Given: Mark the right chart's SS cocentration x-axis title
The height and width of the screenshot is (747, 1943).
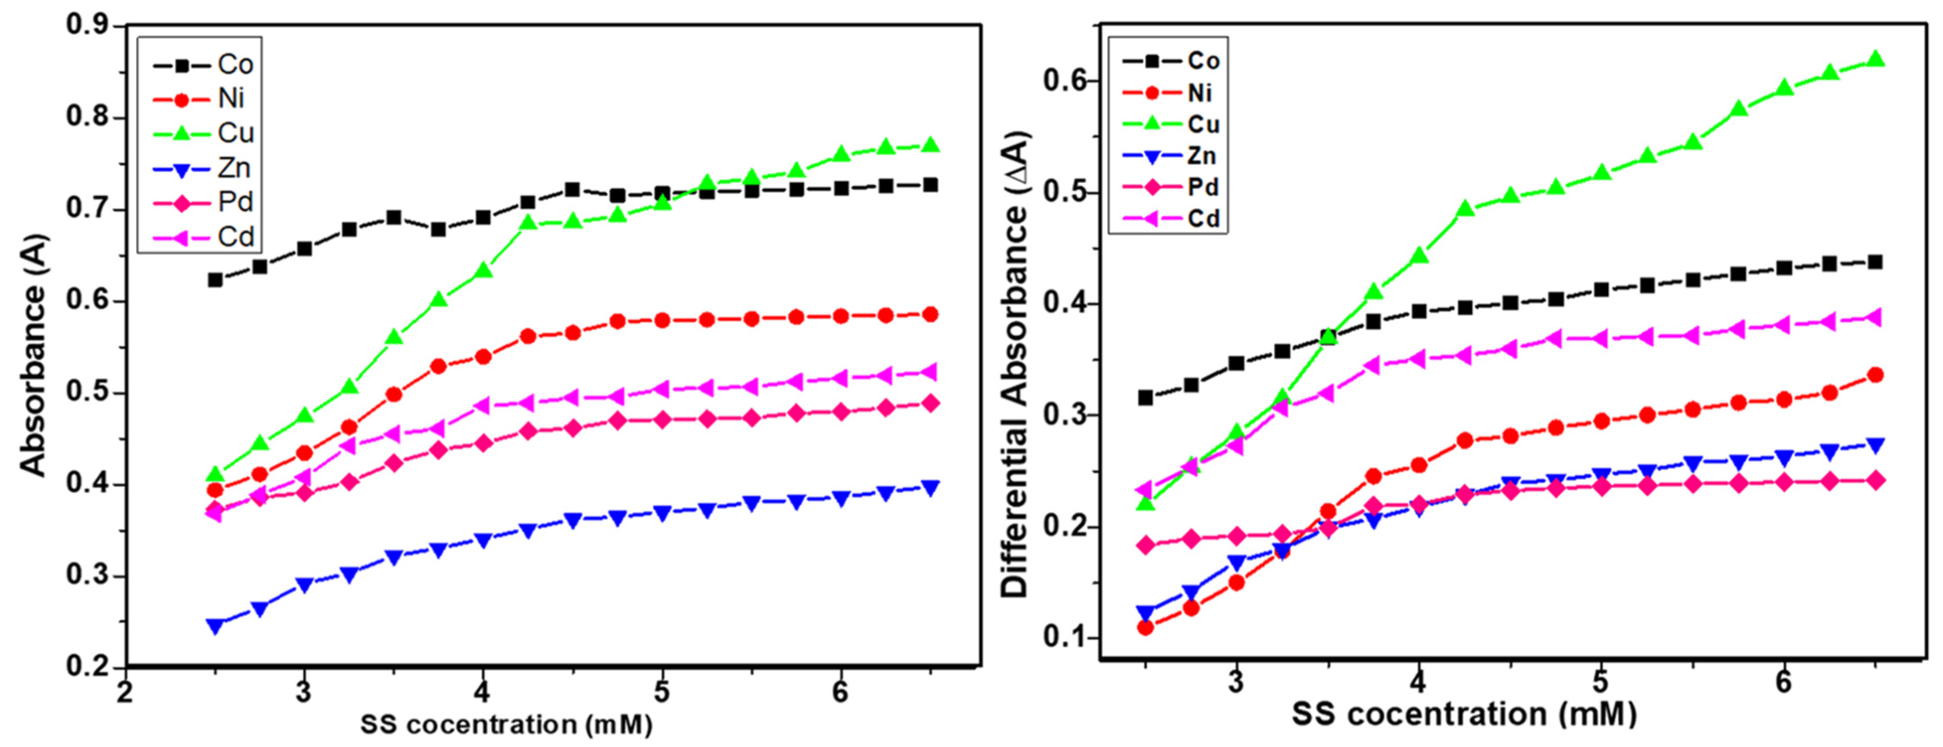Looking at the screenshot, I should (1464, 714).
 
